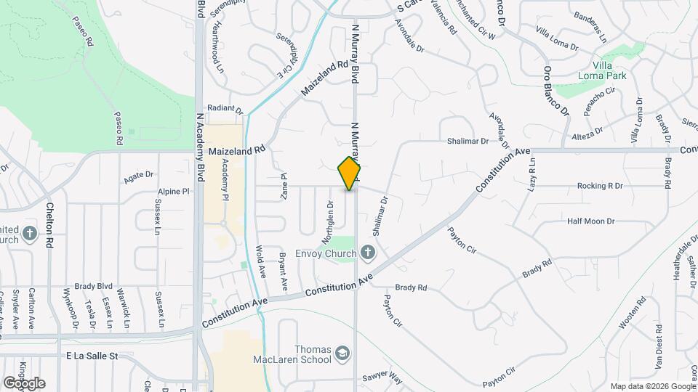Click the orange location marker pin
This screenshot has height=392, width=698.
(x=349, y=173)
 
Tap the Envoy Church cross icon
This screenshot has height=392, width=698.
(x=369, y=253)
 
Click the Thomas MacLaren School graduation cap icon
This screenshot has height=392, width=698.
(x=342, y=354)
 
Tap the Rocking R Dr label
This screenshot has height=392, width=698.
(x=600, y=186)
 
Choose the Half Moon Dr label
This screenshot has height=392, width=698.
(x=590, y=221)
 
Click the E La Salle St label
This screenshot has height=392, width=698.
(x=92, y=356)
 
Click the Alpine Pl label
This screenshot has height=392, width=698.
(x=173, y=192)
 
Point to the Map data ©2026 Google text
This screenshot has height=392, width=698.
(x=652, y=386)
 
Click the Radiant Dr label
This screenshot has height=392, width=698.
(x=224, y=109)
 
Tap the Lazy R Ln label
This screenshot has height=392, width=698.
(x=531, y=174)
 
